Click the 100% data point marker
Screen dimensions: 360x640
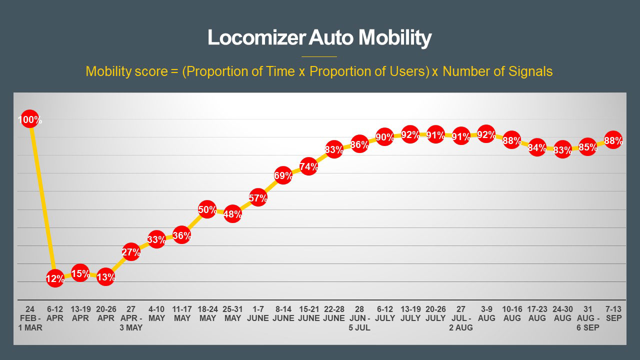pos(29,120)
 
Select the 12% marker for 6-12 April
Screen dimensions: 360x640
pos(55,278)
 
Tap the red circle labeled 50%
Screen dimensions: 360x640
pos(207,209)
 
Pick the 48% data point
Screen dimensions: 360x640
pos(232,214)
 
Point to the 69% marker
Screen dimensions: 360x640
pos(283,175)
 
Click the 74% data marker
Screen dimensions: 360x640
pos(309,166)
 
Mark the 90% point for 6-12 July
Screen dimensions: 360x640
pos(385,137)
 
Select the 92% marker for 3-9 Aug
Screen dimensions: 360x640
pos(486,134)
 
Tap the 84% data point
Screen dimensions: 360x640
pos(537,147)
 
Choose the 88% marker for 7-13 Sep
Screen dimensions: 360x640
pos(613,140)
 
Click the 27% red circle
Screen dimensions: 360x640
pos(131,251)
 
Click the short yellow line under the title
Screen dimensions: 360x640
pos(319,56)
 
